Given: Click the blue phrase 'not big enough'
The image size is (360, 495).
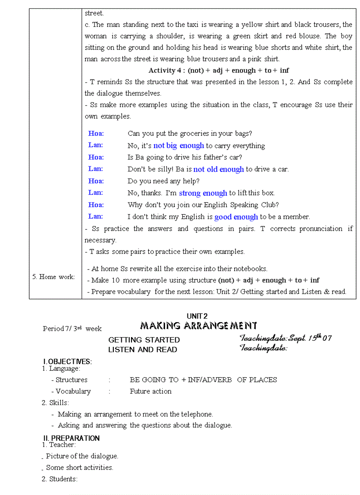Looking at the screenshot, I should click(179, 145).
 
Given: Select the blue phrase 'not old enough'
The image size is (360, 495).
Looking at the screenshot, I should click(218, 169).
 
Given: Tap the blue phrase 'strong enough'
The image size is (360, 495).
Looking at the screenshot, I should click(203, 193).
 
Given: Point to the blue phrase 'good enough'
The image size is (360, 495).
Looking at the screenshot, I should click(236, 217).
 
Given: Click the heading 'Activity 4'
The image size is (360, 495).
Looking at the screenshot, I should click(167, 70).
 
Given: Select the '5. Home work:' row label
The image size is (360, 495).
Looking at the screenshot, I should click(53, 277).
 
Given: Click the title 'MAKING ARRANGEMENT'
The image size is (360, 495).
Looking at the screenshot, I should click(199, 326).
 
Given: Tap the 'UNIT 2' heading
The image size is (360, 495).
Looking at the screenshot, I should click(197, 316).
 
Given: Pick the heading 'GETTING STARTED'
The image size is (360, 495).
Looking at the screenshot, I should click(144, 340).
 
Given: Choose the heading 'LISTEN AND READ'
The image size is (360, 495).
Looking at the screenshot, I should click(142, 350).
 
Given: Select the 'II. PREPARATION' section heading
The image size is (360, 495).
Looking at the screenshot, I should click(71, 438).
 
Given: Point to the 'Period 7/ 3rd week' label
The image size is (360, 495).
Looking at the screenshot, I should click(72, 329).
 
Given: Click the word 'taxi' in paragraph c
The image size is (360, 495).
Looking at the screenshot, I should click(194, 25).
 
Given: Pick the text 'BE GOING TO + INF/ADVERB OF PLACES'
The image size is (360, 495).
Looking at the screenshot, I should click(203, 380).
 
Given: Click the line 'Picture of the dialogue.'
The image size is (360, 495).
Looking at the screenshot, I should click(82, 456).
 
